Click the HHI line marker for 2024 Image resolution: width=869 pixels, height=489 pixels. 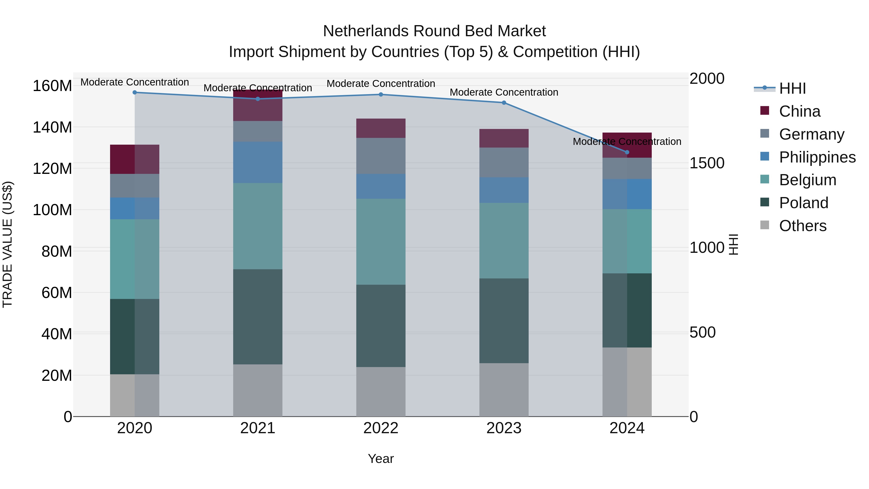pos(627,152)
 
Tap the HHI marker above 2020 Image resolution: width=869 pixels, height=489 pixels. pos(135,92)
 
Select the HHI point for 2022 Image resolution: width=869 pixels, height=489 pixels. pos(381,94)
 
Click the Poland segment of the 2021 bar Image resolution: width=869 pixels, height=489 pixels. pos(258,317)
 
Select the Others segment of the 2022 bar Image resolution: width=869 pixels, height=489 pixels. pos(381,391)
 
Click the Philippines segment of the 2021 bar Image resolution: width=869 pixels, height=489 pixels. pos(258,162)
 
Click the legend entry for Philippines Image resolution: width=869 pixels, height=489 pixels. pos(817,157)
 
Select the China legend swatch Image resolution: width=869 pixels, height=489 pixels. pos(765,111)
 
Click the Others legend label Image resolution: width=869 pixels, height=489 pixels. pos(803,226)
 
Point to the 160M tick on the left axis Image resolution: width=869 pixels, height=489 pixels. pos(52,86)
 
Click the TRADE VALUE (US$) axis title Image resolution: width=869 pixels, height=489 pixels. pos(7,244)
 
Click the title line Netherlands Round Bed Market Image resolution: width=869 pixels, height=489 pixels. pos(434,31)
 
